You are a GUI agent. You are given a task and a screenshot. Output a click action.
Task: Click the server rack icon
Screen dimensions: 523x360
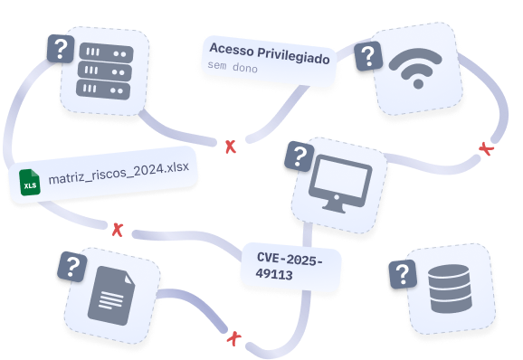(105, 71)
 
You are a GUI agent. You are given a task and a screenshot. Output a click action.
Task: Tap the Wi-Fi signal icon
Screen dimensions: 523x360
(415, 68)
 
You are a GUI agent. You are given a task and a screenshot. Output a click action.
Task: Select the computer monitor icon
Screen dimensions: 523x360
(340, 184)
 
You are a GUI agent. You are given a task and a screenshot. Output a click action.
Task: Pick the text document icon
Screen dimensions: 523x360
(111, 296)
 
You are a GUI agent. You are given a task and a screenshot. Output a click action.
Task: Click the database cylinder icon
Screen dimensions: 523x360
(451, 289)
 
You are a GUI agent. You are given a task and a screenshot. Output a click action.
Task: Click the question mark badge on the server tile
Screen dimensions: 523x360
(61, 49)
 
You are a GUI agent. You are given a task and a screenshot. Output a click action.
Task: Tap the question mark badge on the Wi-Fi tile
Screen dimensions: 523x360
(368, 56)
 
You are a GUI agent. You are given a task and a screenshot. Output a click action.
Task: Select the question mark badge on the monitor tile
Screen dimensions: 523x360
(300, 156)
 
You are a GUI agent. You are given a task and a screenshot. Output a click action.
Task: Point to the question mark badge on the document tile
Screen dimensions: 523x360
(72, 267)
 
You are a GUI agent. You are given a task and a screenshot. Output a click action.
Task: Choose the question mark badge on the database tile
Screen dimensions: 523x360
(403, 274)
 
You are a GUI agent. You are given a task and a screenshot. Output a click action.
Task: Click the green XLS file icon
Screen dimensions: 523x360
(30, 183)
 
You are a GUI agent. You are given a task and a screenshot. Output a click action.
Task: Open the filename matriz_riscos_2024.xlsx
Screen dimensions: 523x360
(119, 173)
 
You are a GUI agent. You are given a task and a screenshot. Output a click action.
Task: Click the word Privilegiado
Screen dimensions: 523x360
(293, 56)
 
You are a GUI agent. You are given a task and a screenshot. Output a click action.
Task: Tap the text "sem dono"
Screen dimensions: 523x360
(233, 66)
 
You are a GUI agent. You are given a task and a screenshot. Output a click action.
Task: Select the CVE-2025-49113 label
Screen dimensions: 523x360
(290, 267)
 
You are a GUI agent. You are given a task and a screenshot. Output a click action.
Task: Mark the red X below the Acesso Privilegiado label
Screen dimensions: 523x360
(231, 147)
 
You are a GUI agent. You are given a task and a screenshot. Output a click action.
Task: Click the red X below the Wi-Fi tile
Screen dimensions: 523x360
(486, 148)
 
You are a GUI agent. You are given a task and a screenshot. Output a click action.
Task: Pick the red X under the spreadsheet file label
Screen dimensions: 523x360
(118, 230)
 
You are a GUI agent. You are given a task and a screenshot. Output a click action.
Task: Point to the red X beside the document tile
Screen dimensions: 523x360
(234, 338)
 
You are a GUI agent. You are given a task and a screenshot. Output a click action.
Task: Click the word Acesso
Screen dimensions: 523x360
(232, 49)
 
